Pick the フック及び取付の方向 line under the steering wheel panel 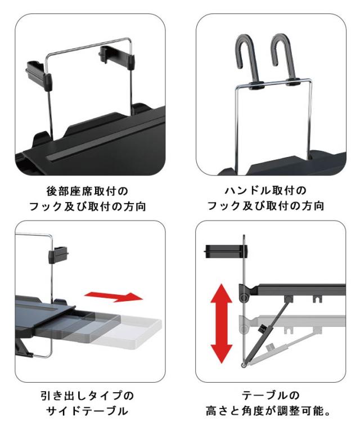(x=269, y=205)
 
